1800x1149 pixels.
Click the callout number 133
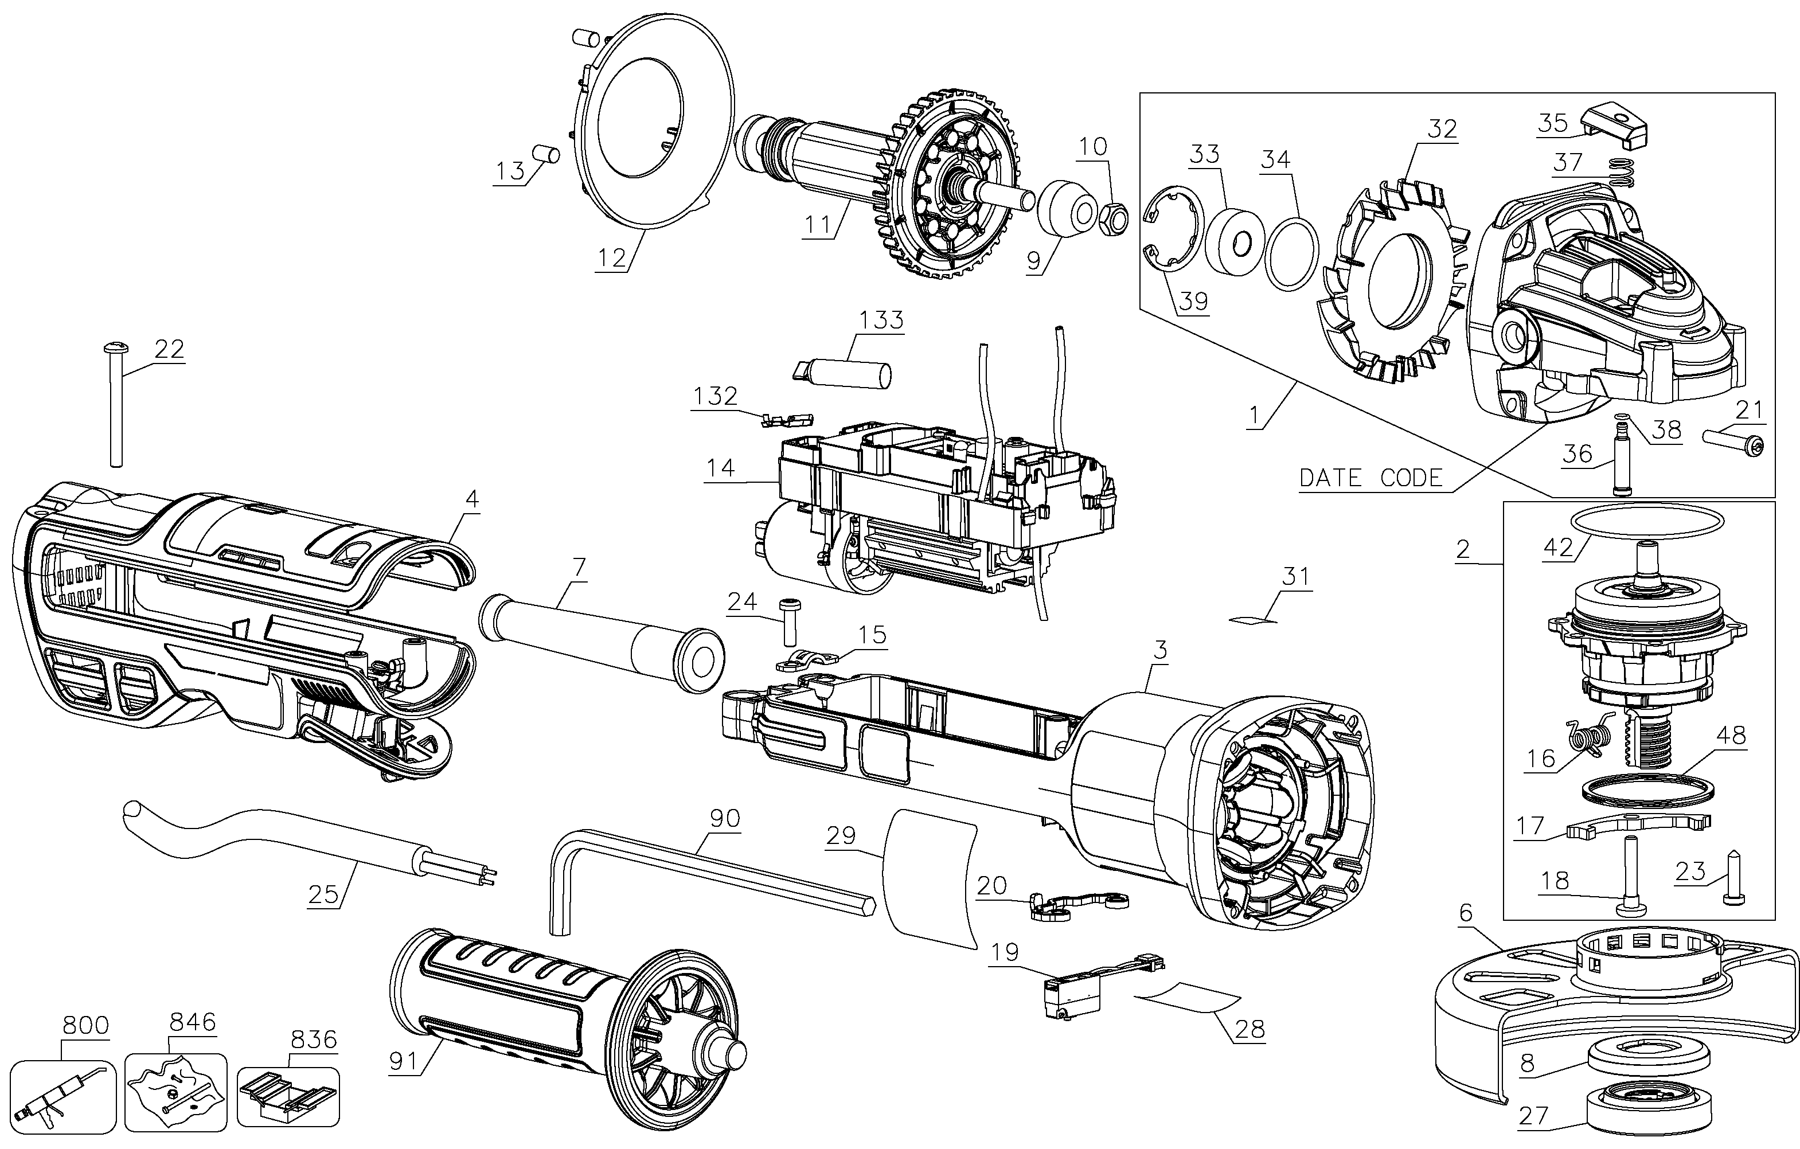pyautogui.click(x=881, y=320)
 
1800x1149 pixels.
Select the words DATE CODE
pyautogui.click(x=1371, y=478)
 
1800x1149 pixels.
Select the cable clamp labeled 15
pyautogui.click(x=807, y=659)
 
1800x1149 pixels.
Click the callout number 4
pyautogui.click(x=472, y=499)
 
